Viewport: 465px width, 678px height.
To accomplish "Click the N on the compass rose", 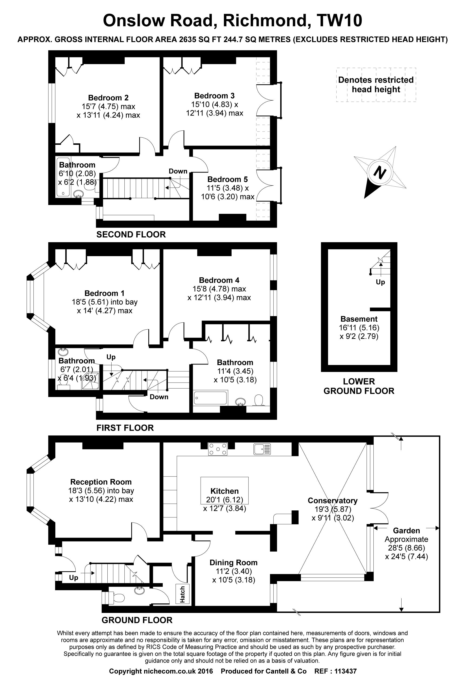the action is tap(379, 173).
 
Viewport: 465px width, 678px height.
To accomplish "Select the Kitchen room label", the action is tap(224, 491).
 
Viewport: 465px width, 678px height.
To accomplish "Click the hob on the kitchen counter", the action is tap(217, 449).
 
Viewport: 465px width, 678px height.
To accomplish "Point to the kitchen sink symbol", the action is tap(262, 449).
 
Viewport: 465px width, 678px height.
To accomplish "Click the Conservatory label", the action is tap(332, 501).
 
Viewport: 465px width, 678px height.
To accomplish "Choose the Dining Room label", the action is tap(233, 562).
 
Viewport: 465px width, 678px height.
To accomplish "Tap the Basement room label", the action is tap(359, 319).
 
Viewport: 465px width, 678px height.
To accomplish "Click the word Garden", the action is tap(406, 530).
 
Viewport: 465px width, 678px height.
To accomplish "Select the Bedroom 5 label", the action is tap(227, 179).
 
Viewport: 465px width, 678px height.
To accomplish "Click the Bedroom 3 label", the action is tap(214, 96).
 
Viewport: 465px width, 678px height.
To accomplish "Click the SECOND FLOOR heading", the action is tap(131, 234).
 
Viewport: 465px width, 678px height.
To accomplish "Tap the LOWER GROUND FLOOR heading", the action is tap(359, 386).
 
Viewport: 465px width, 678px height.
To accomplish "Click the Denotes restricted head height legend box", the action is tap(376, 85).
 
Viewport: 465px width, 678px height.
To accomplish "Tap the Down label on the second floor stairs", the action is tap(178, 171).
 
